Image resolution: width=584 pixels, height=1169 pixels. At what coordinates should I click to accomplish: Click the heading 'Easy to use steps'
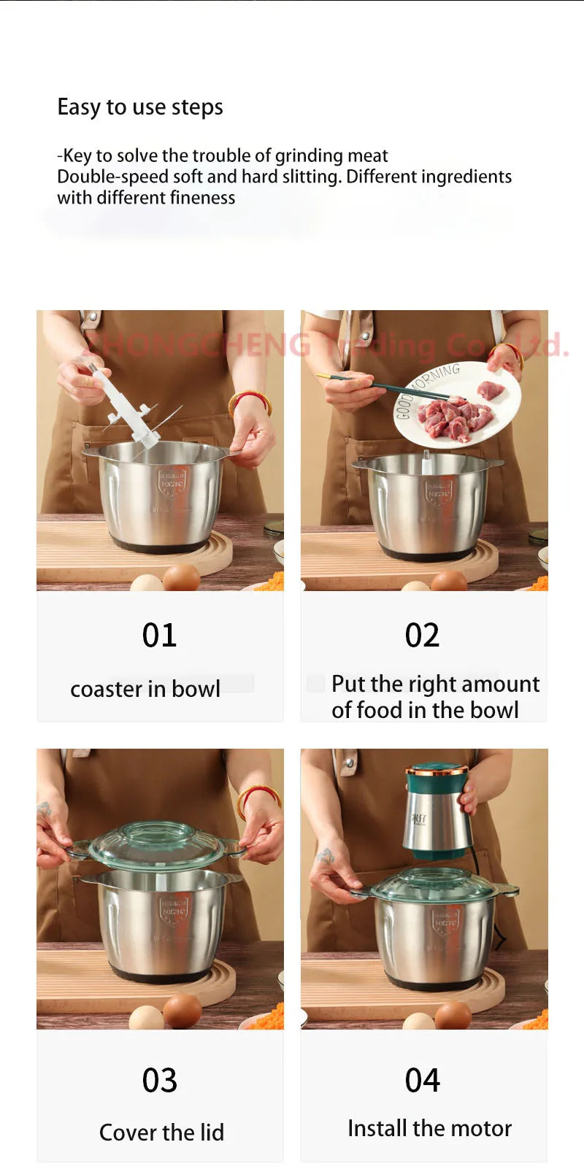(140, 107)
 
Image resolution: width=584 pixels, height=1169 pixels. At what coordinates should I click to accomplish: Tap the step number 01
(159, 636)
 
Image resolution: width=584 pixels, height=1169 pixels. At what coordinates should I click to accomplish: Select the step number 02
(422, 636)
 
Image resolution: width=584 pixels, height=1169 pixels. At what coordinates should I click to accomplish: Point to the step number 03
(159, 1081)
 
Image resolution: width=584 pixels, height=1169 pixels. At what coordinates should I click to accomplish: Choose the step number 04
(422, 1081)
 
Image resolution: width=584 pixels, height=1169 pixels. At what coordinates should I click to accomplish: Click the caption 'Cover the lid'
(161, 1133)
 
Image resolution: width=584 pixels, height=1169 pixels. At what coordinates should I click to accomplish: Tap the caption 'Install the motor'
(429, 1128)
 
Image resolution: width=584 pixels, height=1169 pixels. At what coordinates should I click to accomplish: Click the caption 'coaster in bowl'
(145, 689)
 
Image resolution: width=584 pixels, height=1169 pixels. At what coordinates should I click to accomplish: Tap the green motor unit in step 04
(436, 810)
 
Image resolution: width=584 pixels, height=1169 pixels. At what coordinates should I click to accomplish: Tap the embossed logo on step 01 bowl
(172, 482)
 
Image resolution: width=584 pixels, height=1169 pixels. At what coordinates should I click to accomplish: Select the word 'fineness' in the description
(202, 198)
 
